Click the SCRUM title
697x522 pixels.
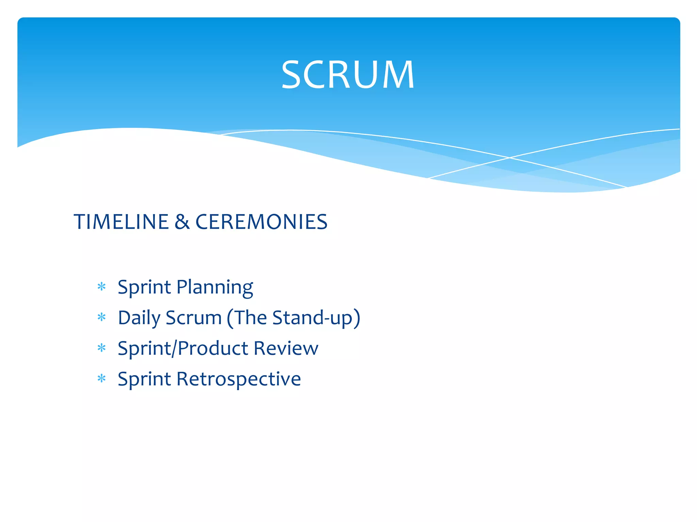(348, 75)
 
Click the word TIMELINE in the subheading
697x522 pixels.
(121, 222)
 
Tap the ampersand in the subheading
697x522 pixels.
(182, 222)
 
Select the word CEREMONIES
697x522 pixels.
(261, 222)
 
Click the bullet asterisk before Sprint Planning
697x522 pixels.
(101, 287)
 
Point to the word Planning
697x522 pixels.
(215, 288)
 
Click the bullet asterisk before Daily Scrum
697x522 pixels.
(101, 317)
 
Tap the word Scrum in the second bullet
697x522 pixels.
(194, 318)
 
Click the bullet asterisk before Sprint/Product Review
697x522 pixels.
(101, 348)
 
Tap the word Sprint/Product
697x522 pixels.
(183, 349)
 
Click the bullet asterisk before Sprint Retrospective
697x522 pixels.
(101, 378)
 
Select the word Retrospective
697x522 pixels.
(239, 380)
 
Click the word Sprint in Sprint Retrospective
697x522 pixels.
(144, 380)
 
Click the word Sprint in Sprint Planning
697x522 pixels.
(144, 288)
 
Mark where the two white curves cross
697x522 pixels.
(509, 158)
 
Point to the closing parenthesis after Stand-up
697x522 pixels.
(357, 318)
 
